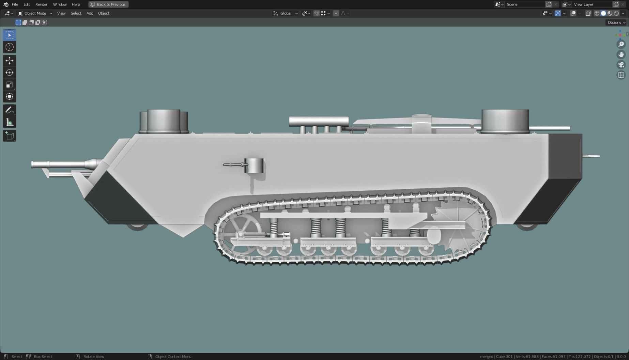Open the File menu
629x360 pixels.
pos(15,4)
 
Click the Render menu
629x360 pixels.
pos(41,4)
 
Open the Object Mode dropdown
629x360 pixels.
pos(35,13)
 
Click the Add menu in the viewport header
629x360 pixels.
pos(90,13)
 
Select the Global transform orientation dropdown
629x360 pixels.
pos(286,13)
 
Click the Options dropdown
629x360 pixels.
pos(616,22)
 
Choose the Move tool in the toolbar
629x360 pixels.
pos(10,61)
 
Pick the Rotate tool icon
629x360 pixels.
pos(10,73)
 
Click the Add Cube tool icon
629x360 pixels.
pos(10,136)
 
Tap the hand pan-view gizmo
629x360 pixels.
pos(621,54)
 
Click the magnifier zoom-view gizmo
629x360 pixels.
pos(621,44)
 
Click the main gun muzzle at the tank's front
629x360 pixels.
pos(33,165)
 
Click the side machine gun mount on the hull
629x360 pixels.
pos(254,166)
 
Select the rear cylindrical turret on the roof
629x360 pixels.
pos(505,121)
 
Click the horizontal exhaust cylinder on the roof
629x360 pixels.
pos(319,121)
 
